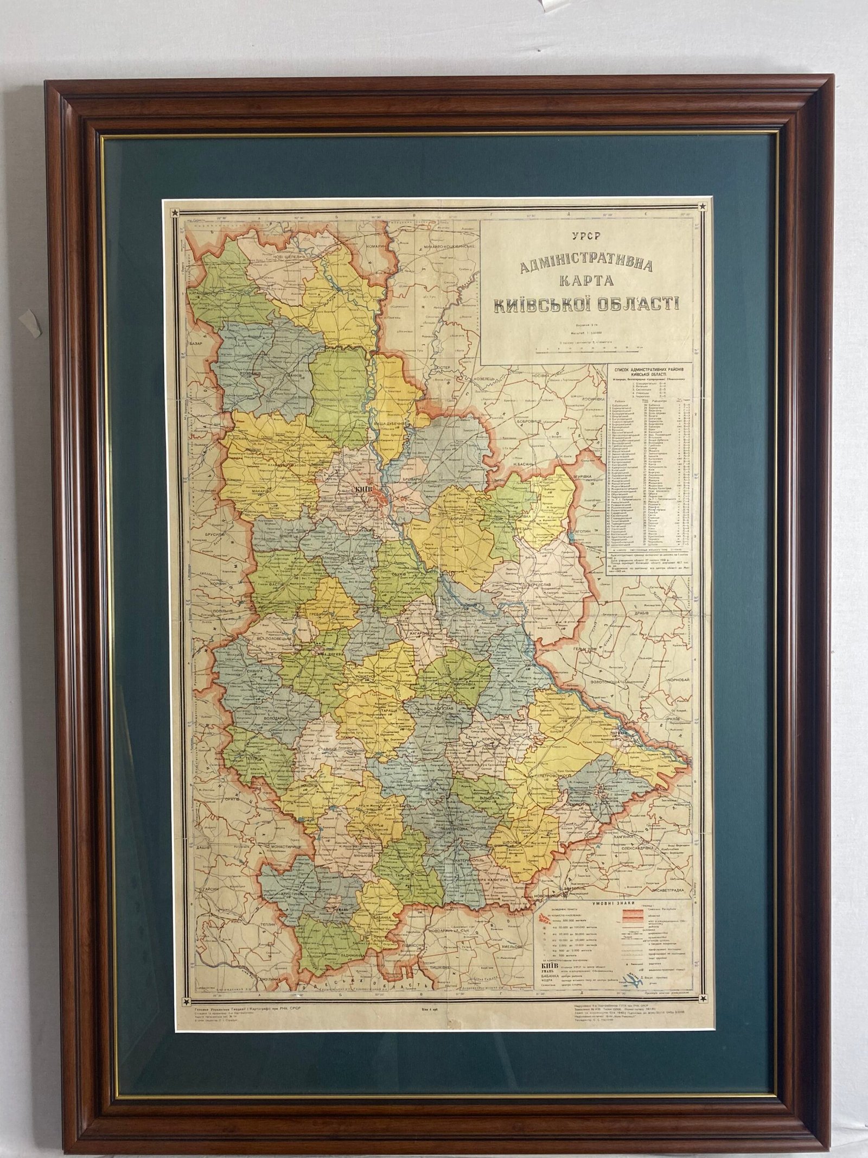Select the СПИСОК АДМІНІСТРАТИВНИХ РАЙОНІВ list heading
[x=649, y=372]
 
